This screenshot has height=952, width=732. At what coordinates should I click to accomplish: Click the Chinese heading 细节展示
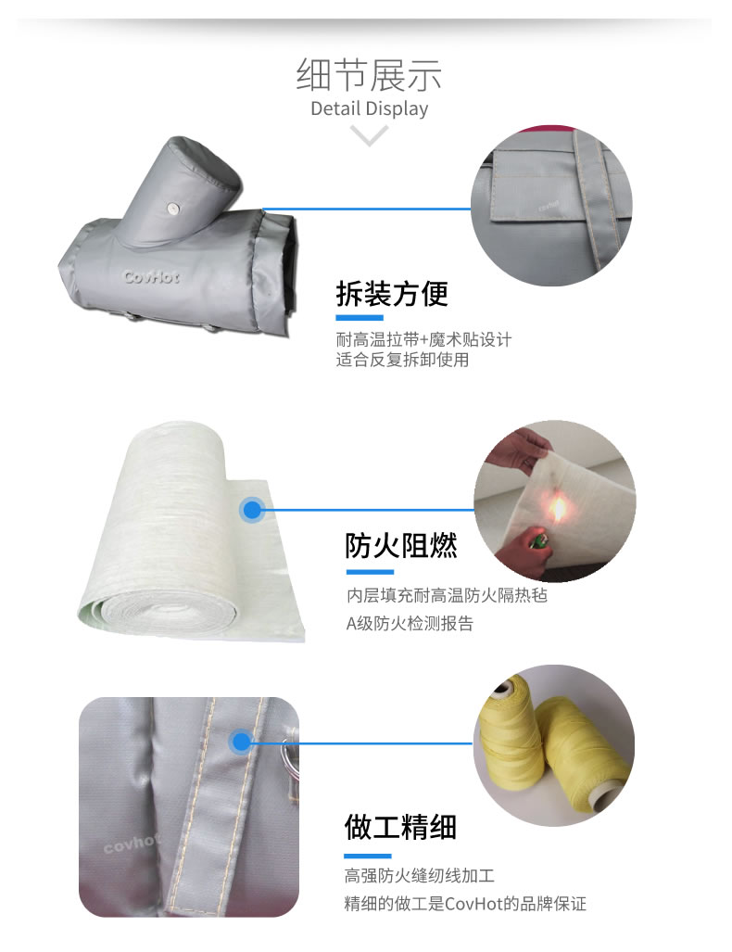tap(369, 75)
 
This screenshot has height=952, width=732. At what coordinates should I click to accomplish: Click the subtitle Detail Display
tap(369, 108)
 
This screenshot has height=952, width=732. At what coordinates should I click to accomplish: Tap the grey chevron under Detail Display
tap(369, 135)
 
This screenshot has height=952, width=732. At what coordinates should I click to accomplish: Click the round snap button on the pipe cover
tap(173, 209)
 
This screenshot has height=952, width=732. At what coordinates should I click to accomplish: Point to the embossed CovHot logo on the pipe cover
tap(152, 277)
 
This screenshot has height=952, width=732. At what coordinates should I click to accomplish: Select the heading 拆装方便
tap(392, 294)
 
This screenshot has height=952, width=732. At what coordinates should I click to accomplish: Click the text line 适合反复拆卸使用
tap(402, 360)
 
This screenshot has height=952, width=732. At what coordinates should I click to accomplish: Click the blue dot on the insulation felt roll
tap(252, 509)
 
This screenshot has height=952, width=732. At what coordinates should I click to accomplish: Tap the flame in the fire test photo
tap(557, 508)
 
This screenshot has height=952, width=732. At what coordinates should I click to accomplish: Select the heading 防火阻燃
tap(401, 546)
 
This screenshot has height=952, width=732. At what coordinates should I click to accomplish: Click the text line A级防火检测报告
tap(410, 624)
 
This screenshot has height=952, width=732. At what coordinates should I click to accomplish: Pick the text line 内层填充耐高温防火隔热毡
tap(447, 596)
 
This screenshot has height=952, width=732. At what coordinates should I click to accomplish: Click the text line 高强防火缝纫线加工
tap(420, 876)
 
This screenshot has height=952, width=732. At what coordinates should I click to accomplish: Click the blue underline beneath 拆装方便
tap(360, 318)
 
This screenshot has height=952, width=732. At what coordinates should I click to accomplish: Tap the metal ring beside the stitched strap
tap(289, 755)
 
